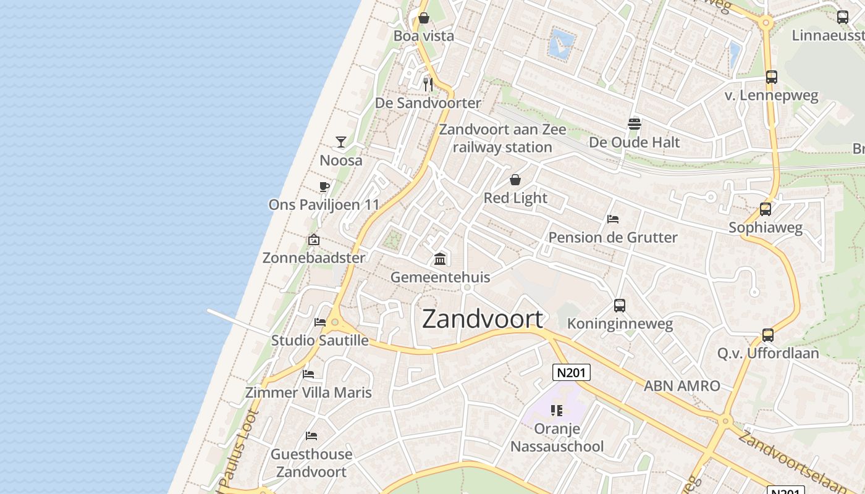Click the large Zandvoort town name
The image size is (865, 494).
click(x=483, y=319)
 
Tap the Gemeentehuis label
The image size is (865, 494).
click(x=440, y=277)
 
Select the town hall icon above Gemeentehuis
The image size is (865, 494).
click(x=440, y=259)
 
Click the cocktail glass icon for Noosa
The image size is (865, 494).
click(x=340, y=142)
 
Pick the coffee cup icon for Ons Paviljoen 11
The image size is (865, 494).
click(x=324, y=186)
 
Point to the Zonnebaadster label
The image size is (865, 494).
click(x=314, y=257)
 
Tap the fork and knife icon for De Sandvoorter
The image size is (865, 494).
click(x=428, y=84)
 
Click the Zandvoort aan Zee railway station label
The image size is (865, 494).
click(x=502, y=138)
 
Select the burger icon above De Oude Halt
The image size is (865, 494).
click(x=634, y=124)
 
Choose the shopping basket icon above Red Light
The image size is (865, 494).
click(x=515, y=180)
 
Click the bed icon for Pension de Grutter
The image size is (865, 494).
click(x=613, y=219)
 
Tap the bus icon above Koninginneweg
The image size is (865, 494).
click(x=620, y=305)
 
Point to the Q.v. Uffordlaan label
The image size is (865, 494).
click(x=768, y=353)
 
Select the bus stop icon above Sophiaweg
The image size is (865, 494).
click(x=766, y=209)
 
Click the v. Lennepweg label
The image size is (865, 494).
click(x=771, y=96)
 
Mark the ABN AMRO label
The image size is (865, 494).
click(x=682, y=386)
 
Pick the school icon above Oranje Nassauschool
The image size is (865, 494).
click(x=557, y=411)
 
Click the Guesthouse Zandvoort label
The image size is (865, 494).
click(x=311, y=463)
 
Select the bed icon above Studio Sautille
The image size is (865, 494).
click(x=320, y=322)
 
